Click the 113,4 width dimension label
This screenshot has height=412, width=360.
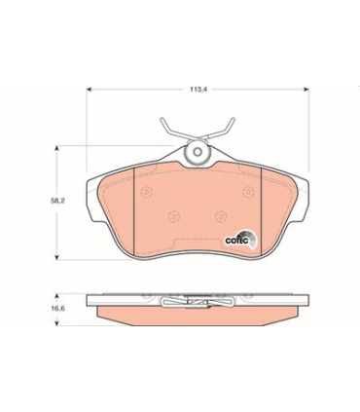(x=198, y=90)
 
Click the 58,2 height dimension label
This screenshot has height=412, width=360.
(x=57, y=201)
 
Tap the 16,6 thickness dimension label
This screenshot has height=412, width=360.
(x=57, y=308)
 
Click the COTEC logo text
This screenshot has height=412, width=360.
(x=236, y=241)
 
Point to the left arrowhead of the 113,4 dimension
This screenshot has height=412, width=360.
(x=90, y=90)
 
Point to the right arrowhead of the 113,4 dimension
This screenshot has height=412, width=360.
(x=306, y=90)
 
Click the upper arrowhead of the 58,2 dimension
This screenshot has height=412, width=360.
(x=56, y=149)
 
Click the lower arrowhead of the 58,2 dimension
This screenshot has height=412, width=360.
(x=56, y=257)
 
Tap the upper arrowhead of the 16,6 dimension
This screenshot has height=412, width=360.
(x=56, y=297)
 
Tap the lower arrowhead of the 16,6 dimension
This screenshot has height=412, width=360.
(x=56, y=322)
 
